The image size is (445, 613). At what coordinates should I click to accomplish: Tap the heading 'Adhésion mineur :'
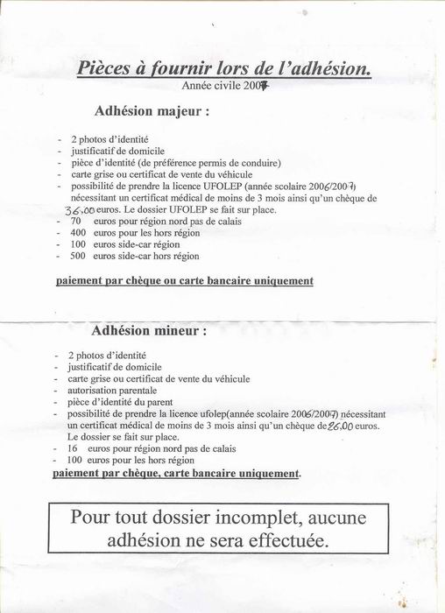click(x=149, y=332)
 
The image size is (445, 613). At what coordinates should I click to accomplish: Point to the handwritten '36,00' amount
click(x=80, y=210)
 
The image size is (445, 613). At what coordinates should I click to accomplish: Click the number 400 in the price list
click(x=78, y=233)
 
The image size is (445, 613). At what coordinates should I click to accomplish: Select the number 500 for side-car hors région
click(x=78, y=256)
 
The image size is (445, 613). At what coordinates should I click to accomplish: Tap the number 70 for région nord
click(x=75, y=222)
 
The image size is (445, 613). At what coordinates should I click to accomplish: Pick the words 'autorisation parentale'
click(x=112, y=390)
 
